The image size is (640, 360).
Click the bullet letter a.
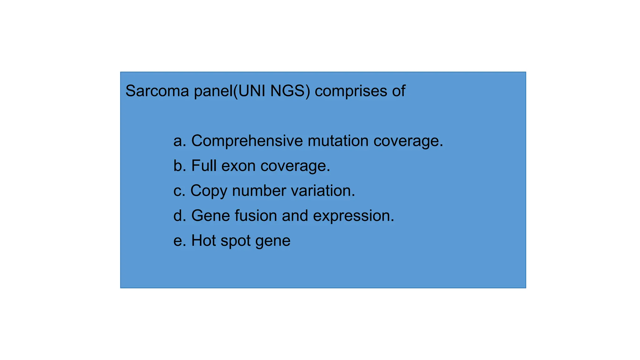point(180,141)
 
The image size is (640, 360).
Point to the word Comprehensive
point(247,141)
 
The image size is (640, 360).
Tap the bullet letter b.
point(180,166)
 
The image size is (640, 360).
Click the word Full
point(204,166)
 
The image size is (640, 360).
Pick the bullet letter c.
point(179,191)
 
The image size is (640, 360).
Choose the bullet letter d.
point(180,216)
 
